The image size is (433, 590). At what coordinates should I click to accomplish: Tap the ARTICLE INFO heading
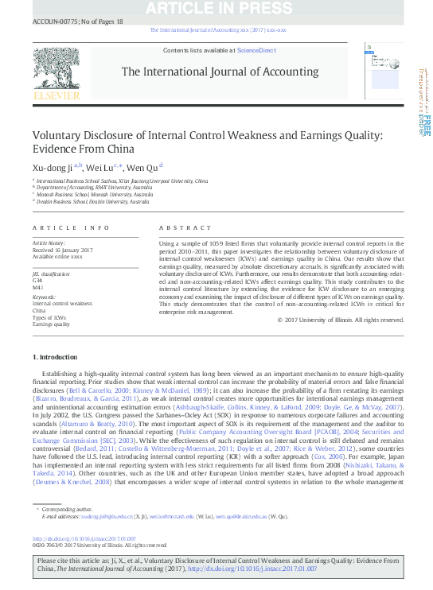coord(71,227)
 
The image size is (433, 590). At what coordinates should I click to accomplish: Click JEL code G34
coord(37,280)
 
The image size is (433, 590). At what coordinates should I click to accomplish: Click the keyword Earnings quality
coord(51,325)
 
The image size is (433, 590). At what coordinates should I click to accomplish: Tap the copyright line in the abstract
coord(340,342)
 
